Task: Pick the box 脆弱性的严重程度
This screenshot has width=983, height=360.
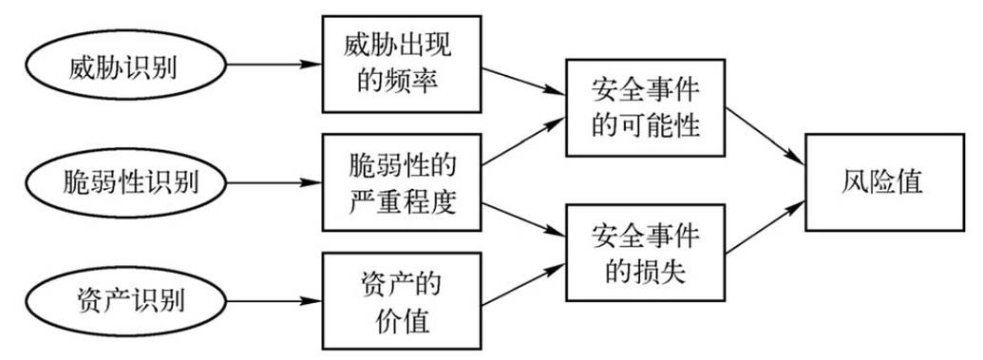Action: point(400,182)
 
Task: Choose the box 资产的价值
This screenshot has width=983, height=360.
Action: point(400,300)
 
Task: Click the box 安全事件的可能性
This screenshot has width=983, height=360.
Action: point(646,108)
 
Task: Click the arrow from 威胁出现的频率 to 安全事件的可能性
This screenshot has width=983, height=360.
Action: point(521,81)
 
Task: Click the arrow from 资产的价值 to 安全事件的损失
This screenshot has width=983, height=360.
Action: point(521,284)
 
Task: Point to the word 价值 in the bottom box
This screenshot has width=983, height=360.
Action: point(400,320)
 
